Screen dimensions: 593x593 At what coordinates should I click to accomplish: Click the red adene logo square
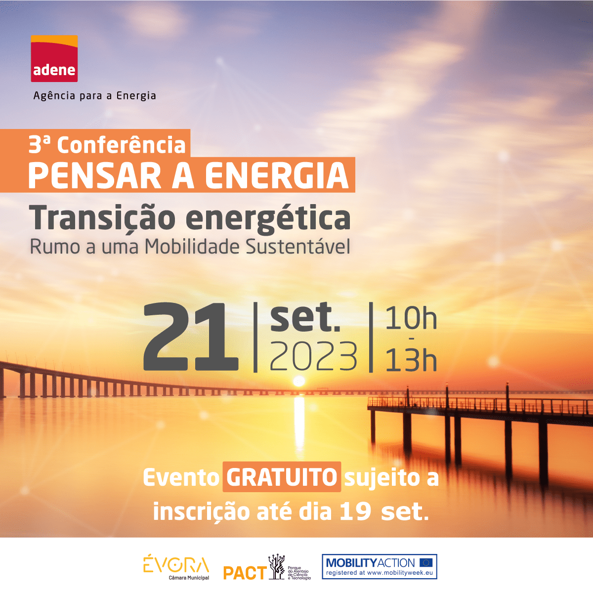click(x=54, y=58)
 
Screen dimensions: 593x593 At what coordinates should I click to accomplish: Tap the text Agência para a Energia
click(x=95, y=96)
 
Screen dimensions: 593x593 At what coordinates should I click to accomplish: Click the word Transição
click(x=102, y=218)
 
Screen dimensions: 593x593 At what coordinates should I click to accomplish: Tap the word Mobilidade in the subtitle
click(x=192, y=247)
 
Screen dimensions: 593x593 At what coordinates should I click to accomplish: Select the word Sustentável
click(x=298, y=247)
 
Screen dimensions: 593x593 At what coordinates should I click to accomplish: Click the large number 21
click(x=191, y=337)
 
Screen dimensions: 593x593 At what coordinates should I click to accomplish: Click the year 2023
click(x=314, y=356)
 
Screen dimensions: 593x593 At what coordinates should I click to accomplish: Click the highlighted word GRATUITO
click(x=282, y=477)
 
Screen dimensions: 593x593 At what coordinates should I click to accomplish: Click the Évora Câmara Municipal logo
click(x=176, y=567)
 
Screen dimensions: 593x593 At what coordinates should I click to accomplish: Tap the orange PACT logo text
click(x=245, y=573)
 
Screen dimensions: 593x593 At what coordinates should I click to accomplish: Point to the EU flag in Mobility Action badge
click(x=426, y=563)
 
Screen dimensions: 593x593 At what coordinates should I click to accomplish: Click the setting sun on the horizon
click(x=298, y=381)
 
